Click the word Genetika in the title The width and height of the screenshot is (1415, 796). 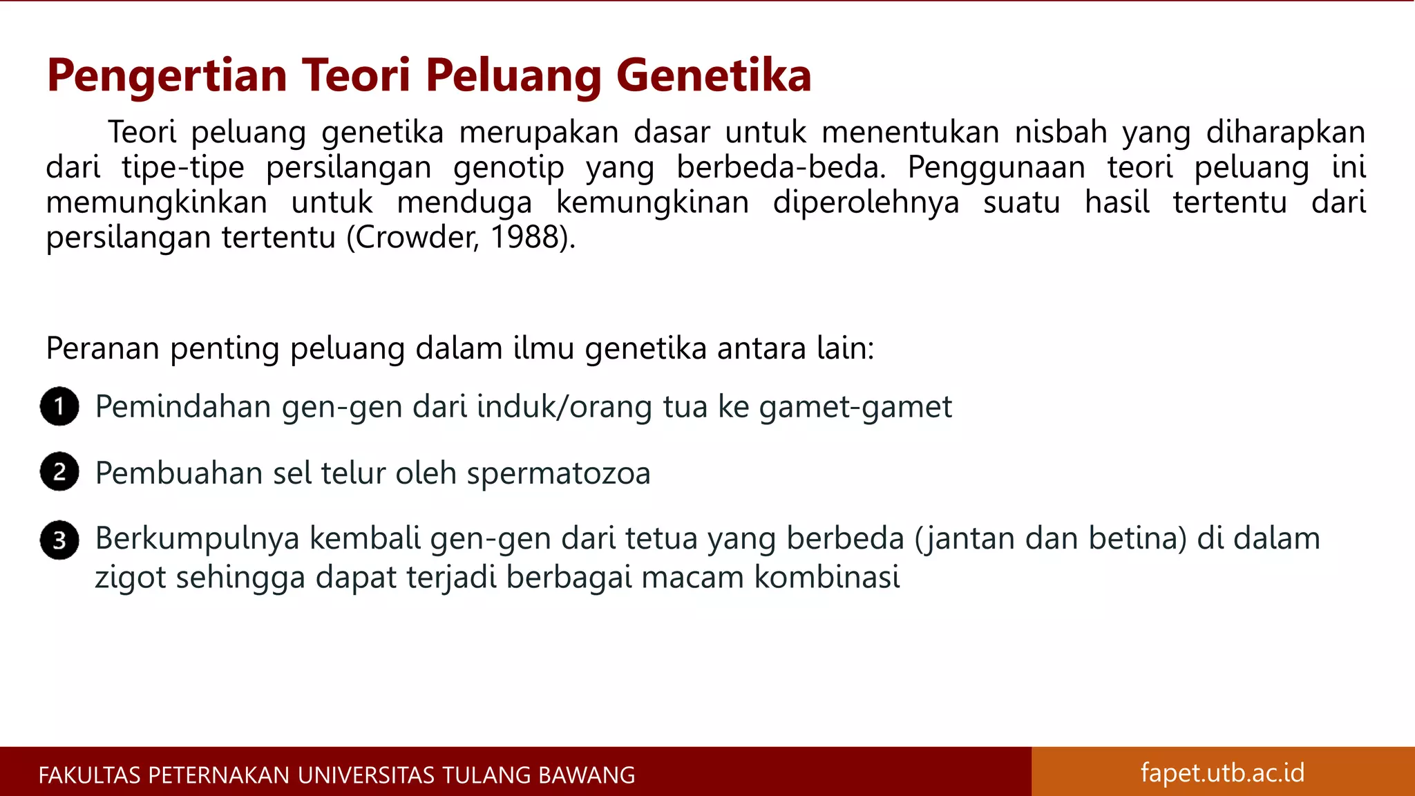click(713, 75)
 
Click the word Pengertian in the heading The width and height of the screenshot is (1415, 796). click(167, 76)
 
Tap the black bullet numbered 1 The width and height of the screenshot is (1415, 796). click(59, 406)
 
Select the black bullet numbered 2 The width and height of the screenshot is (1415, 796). click(59, 472)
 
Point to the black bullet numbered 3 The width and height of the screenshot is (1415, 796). click(59, 540)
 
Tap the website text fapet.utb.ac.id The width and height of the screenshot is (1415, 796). click(1222, 772)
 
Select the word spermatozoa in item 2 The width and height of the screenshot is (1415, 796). click(558, 474)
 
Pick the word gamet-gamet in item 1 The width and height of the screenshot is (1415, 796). click(855, 407)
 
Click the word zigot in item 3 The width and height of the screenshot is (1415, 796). click(131, 578)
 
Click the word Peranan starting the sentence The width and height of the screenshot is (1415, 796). click(103, 348)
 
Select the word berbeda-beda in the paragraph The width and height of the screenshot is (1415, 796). click(780, 167)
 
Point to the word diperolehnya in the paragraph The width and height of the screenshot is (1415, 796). click(866, 202)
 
